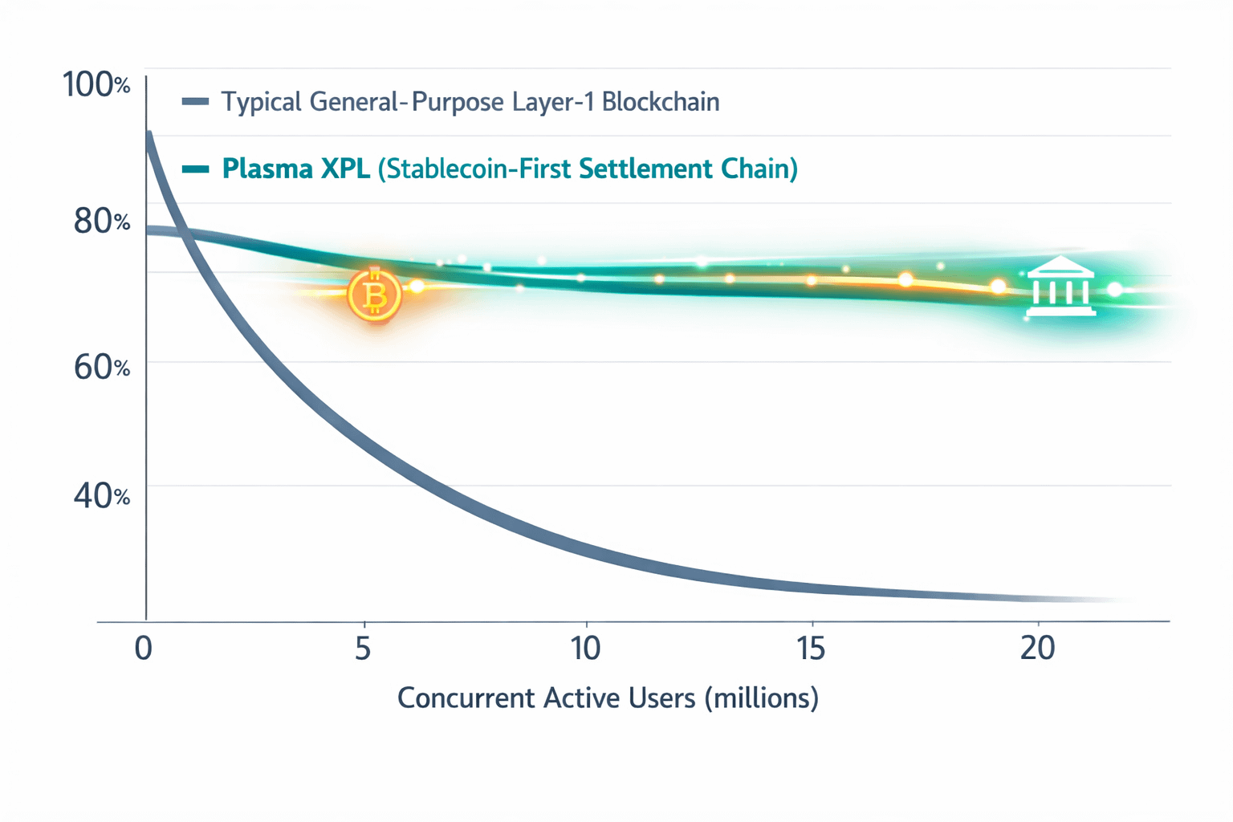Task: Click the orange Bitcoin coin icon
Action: [374, 295]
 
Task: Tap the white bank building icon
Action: [1061, 287]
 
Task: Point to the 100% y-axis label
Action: [96, 84]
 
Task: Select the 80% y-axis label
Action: [101, 221]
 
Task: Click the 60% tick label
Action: [101, 367]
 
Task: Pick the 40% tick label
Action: [101, 496]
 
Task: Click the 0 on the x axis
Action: [144, 648]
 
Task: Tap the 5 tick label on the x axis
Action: [363, 648]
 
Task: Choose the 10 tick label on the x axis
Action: [586, 648]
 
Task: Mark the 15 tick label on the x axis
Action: [811, 648]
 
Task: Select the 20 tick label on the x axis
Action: [1037, 648]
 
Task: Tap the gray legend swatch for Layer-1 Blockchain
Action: [195, 101]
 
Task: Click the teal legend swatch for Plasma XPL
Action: [195, 169]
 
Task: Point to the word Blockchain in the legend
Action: [660, 102]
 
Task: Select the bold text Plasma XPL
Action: [295, 169]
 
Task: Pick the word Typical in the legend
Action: [261, 103]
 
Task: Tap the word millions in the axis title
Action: [762, 698]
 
